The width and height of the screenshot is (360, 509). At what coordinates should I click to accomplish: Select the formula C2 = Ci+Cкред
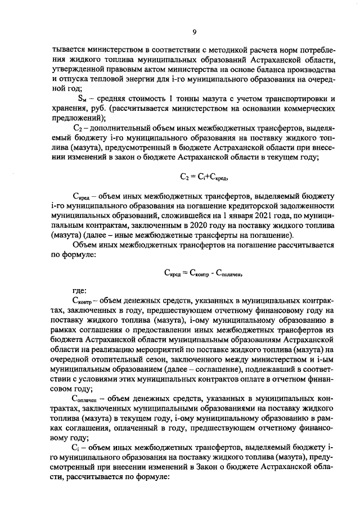[x=195, y=177]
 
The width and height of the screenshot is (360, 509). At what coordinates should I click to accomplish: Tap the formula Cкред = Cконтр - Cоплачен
[x=195, y=273]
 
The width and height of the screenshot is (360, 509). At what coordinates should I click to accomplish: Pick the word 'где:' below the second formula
[x=80, y=291]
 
